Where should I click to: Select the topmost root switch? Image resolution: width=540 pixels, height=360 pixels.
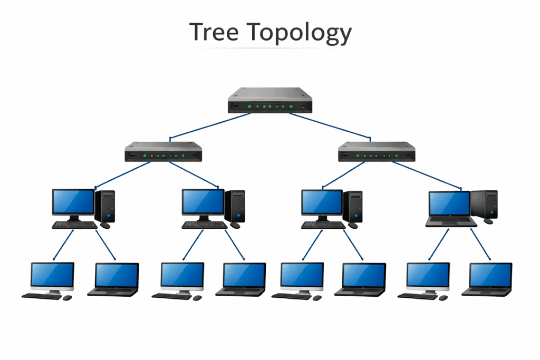[270, 100]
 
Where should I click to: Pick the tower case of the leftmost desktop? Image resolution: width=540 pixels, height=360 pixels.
[105, 206]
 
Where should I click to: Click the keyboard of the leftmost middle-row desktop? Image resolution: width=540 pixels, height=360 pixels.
[74, 225]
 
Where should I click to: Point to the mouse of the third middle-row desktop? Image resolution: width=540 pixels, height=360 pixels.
[353, 226]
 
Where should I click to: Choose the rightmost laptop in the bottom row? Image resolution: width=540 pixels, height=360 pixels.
[489, 278]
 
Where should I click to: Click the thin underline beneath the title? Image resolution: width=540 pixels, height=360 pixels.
[270, 48]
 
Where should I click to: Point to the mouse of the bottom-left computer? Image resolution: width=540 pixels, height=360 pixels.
[67, 298]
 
